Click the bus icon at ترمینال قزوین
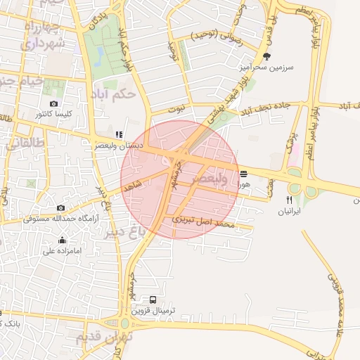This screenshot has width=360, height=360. point(153,300)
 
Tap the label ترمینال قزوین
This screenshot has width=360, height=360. point(162,309)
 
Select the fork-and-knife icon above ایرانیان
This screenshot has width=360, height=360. point(289,200)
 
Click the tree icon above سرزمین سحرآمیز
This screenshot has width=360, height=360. point(266,56)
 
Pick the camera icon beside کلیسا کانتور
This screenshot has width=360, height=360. point(54,104)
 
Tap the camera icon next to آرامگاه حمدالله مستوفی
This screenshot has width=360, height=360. point(61,208)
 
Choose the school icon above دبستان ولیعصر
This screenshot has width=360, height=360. point(119,134)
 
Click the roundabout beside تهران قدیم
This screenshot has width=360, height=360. point(125,323)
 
